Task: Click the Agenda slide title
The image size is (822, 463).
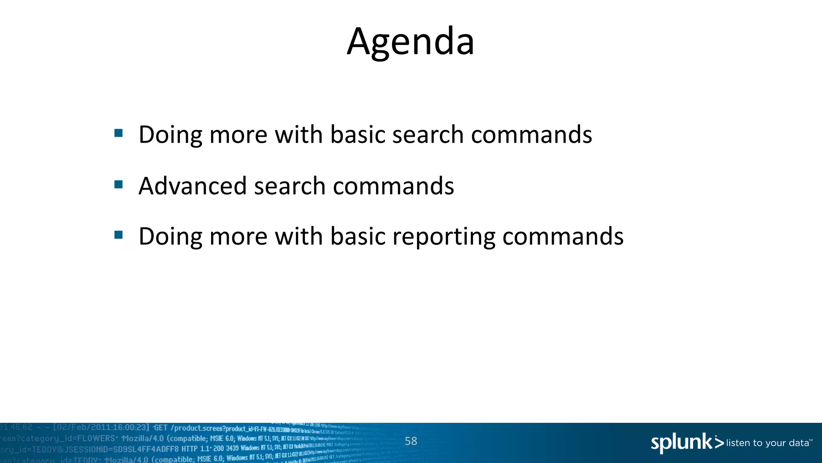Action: [x=411, y=41]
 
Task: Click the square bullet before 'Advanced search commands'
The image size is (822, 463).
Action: [x=118, y=184]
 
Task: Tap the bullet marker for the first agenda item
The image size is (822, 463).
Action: [x=118, y=133]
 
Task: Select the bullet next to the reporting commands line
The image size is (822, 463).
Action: [x=118, y=235]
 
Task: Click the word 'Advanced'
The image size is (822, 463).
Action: [x=192, y=186]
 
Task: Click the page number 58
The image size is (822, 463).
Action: [x=411, y=441]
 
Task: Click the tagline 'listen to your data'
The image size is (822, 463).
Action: [x=768, y=443]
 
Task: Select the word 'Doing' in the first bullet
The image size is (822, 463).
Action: [x=170, y=135]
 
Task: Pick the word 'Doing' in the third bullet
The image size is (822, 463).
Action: [x=170, y=237]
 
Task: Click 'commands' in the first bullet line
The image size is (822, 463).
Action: [x=531, y=135]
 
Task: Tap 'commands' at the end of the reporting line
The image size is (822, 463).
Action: [x=563, y=236]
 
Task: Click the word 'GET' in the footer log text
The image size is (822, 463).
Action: [x=161, y=428]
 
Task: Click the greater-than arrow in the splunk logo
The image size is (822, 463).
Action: [x=719, y=443]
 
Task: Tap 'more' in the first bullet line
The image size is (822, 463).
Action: [x=238, y=135]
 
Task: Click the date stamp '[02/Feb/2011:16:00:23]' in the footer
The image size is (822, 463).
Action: [x=101, y=428]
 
